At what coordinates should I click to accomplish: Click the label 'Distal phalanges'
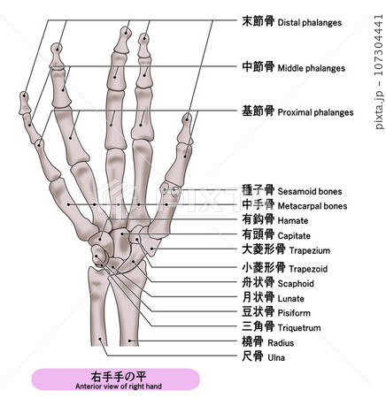coord(310,23)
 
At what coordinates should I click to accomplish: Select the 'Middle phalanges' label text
coord(312,68)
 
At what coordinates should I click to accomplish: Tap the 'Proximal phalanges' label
coord(315,112)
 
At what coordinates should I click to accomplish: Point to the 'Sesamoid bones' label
coord(310,192)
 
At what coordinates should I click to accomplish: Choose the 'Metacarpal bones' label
coord(313,206)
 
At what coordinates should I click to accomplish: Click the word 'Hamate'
coord(293,221)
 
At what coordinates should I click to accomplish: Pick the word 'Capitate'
coord(294,236)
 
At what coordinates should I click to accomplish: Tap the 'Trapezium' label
coord(310,250)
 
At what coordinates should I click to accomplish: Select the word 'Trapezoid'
coord(308,269)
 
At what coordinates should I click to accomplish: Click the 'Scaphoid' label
coord(296,284)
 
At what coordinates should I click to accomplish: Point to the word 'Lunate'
coord(290,299)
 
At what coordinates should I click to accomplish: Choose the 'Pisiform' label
coord(294,313)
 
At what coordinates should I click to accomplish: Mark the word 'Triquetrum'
coord(299,328)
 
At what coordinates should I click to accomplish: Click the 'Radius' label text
coord(281,343)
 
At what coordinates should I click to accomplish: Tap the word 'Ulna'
coord(276,357)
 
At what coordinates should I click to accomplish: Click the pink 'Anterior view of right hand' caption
coord(119,387)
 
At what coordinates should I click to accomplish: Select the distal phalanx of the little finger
coord(24,103)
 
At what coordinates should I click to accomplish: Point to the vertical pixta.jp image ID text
coord(379,72)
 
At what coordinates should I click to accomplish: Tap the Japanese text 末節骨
coord(259,21)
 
